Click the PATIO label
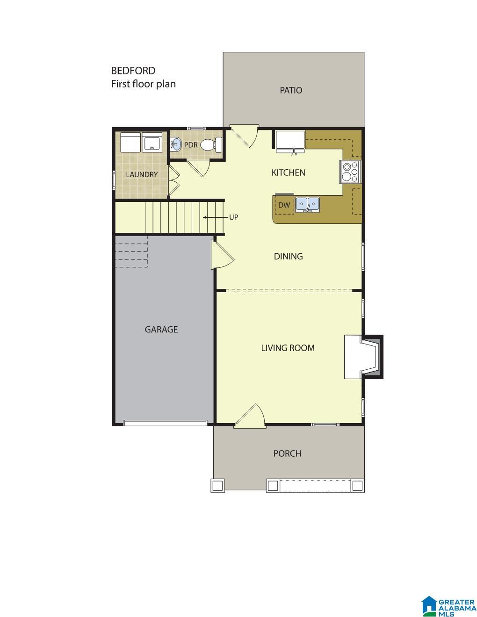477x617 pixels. click(x=290, y=90)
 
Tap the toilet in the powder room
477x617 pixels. click(x=211, y=144)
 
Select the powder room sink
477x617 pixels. click(x=176, y=144)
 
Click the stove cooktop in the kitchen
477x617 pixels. click(x=349, y=172)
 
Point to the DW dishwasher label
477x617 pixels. click(x=284, y=205)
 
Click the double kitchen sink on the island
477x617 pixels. click(x=307, y=204)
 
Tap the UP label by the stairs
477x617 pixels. click(x=233, y=217)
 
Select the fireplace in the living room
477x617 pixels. click(x=363, y=357)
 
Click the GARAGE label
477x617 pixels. click(x=161, y=330)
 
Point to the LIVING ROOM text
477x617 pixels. click(x=288, y=348)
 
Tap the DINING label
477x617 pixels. click(x=288, y=257)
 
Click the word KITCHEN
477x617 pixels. click(x=289, y=172)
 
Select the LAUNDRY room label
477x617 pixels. click(x=142, y=175)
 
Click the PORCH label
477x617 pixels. click(x=287, y=454)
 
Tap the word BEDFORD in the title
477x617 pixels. click(x=133, y=71)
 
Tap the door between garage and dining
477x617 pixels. click(x=222, y=255)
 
